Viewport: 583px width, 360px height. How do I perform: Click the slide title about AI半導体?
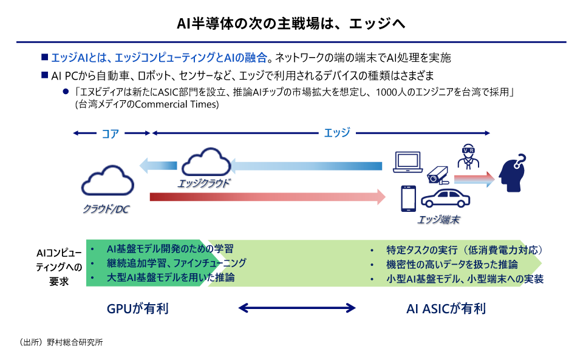291,24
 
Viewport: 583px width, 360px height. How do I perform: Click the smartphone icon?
407,199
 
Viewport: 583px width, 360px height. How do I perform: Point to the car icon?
445,201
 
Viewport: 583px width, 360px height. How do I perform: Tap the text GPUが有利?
137,308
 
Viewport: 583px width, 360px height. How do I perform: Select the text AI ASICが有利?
446,308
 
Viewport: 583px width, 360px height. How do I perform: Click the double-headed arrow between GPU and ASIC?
296,308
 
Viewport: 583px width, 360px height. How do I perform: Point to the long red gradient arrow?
267,196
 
